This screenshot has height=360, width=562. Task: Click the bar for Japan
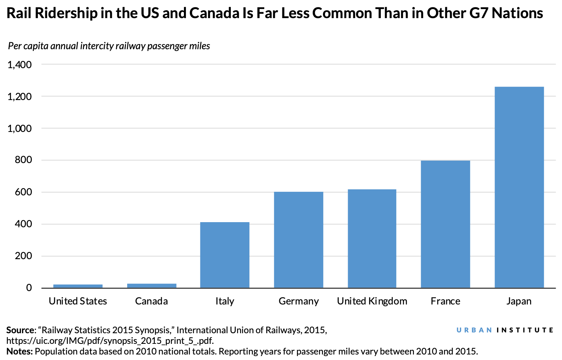(519, 187)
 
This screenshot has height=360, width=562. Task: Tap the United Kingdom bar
(372, 238)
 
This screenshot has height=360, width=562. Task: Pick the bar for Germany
(298, 239)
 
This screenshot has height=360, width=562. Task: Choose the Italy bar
(224, 255)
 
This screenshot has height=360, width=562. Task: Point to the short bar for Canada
(152, 286)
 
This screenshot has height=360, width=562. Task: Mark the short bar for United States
(78, 286)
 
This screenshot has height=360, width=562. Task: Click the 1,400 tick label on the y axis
(20, 65)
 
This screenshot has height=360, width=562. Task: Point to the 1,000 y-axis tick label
(20, 128)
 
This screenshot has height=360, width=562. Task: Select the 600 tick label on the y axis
(24, 192)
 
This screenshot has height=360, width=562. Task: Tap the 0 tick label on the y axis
(29, 288)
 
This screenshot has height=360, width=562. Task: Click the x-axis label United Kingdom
(372, 301)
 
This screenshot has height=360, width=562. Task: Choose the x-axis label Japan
(519, 301)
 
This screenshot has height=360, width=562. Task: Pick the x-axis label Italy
(224, 301)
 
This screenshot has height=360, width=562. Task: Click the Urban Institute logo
(505, 330)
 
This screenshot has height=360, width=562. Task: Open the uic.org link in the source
(110, 341)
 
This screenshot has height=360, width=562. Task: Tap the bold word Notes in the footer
(19, 351)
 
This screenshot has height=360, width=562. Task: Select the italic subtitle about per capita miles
(109, 46)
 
